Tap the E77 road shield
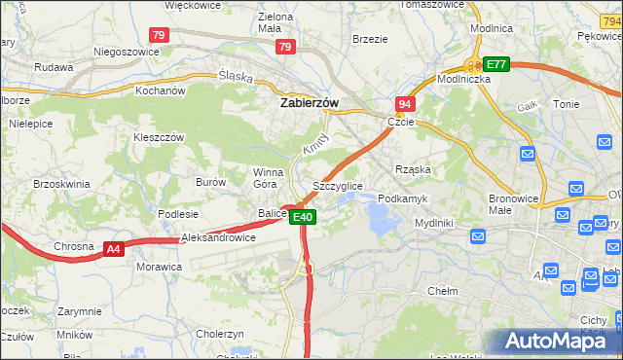[x=496, y=64]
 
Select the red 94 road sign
[x=404, y=103]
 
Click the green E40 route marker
[x=303, y=217]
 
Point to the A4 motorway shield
[x=114, y=249]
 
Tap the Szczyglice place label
[x=338, y=186]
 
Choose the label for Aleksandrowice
[x=219, y=237]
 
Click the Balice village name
[x=272, y=213]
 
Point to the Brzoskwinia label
[x=61, y=183]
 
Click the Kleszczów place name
[x=158, y=137]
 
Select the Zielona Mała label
[x=275, y=23]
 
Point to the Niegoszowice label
[x=125, y=51]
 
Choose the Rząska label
[x=413, y=168]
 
